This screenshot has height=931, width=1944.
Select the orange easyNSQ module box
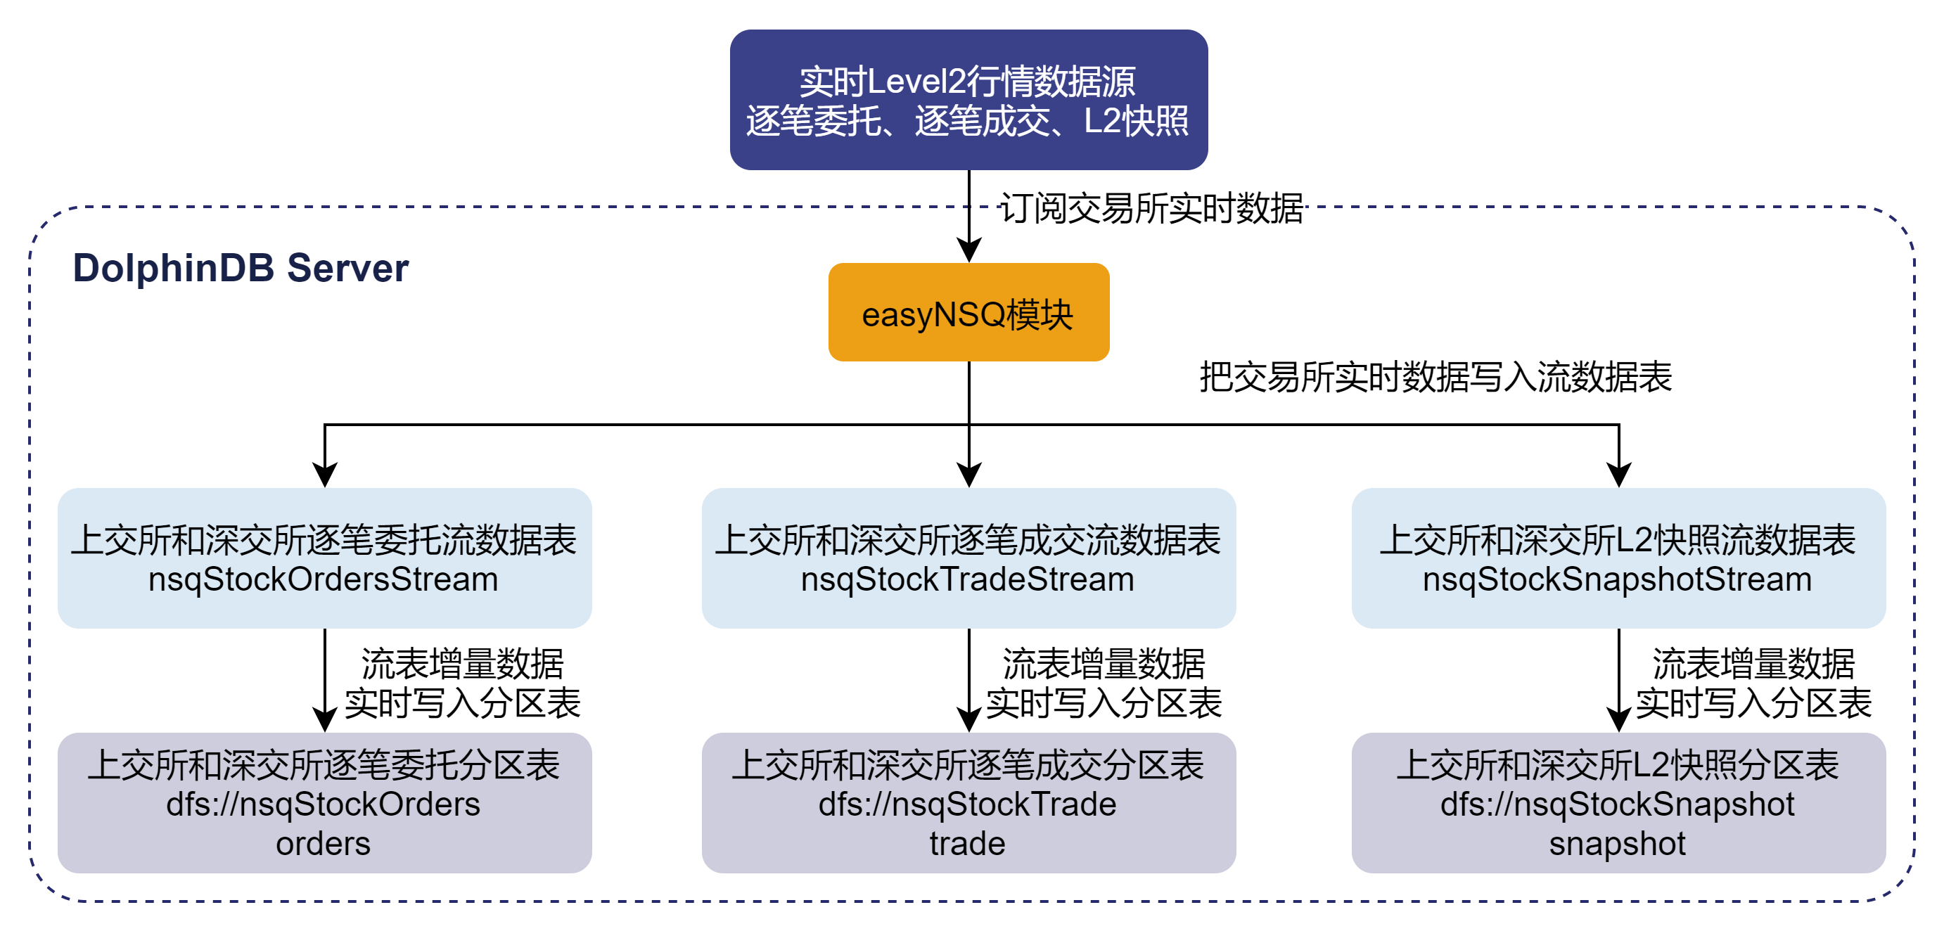point(968,312)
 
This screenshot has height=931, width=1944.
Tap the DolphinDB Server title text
point(240,268)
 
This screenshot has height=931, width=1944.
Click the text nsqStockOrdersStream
point(323,579)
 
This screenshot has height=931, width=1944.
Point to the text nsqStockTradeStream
point(968,579)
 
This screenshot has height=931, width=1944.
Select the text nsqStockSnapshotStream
point(1617,579)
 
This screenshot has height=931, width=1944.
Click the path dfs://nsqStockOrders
point(323,804)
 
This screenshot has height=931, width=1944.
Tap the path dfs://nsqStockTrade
point(968,804)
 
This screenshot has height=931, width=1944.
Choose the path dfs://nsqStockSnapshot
point(1617,804)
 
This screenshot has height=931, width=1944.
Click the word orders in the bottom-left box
point(323,844)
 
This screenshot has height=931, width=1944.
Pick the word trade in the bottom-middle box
point(968,844)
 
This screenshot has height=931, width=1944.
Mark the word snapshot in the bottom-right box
point(1617,844)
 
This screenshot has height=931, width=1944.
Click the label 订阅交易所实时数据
point(1151,208)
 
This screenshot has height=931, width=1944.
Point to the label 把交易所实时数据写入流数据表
point(1435,376)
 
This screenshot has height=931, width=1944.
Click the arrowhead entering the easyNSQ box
point(969,250)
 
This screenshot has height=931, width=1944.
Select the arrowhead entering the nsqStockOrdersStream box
point(324,475)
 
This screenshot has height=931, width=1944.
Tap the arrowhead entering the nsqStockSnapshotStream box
point(1619,475)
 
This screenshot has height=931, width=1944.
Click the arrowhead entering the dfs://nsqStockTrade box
point(969,720)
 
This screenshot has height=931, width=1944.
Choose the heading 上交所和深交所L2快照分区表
point(1617,764)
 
